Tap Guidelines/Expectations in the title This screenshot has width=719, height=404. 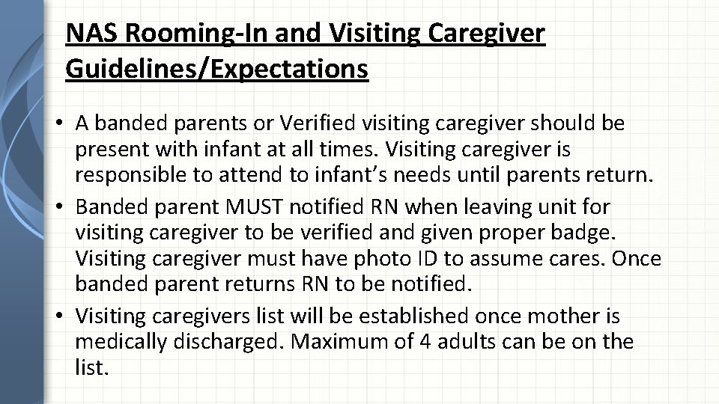tap(217, 69)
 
